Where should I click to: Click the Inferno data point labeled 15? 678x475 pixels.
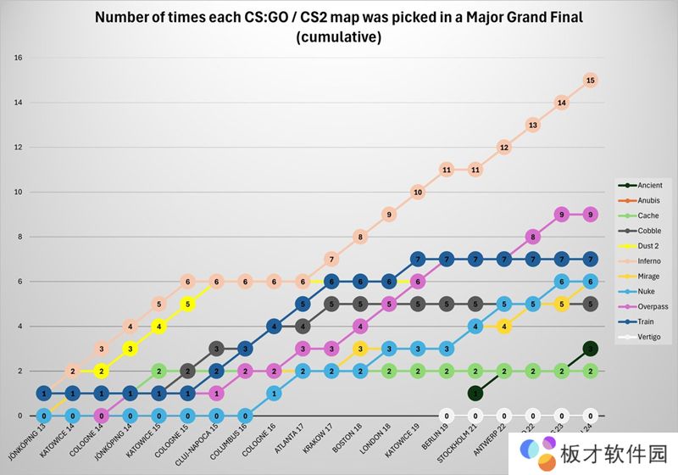[x=591, y=80]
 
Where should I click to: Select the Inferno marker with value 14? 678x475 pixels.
[x=561, y=103]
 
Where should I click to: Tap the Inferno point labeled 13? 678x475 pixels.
[x=532, y=125]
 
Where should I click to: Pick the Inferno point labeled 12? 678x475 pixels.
[x=503, y=147]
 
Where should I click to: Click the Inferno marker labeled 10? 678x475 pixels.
[x=417, y=193]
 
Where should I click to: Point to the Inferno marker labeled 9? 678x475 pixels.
[x=389, y=215]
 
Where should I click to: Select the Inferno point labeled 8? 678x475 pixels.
[x=360, y=237]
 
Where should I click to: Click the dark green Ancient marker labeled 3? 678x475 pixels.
[x=591, y=349]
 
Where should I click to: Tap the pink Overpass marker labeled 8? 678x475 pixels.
[x=532, y=237]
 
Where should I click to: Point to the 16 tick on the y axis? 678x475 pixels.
[x=18, y=58]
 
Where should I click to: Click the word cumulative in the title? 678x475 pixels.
[x=339, y=37]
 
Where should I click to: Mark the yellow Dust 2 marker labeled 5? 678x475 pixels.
[x=187, y=304]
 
